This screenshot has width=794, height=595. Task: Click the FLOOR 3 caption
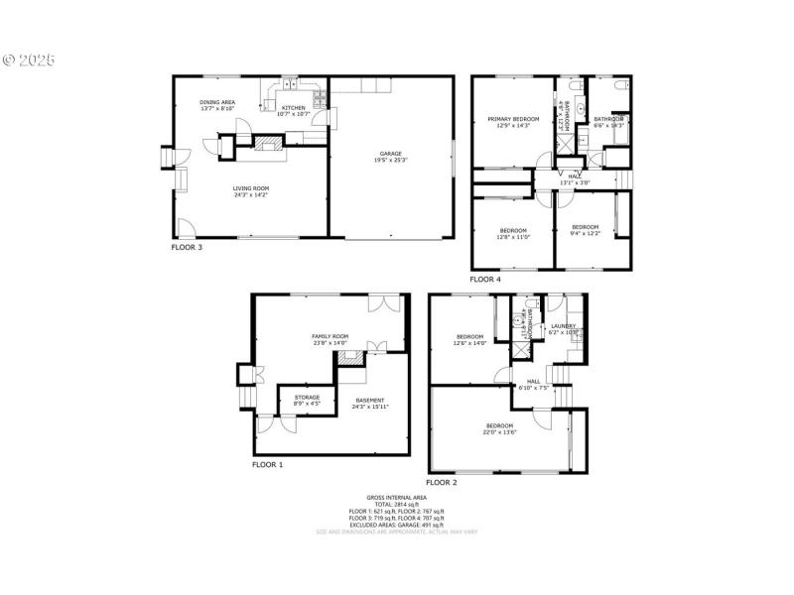[187, 247]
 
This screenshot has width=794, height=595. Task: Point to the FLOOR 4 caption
[485, 280]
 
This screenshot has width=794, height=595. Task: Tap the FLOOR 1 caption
[267, 464]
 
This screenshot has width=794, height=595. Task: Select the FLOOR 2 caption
[441, 482]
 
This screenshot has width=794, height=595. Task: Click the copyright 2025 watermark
[29, 59]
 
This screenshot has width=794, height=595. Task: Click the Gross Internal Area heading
[396, 497]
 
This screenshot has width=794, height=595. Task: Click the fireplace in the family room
[349, 358]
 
